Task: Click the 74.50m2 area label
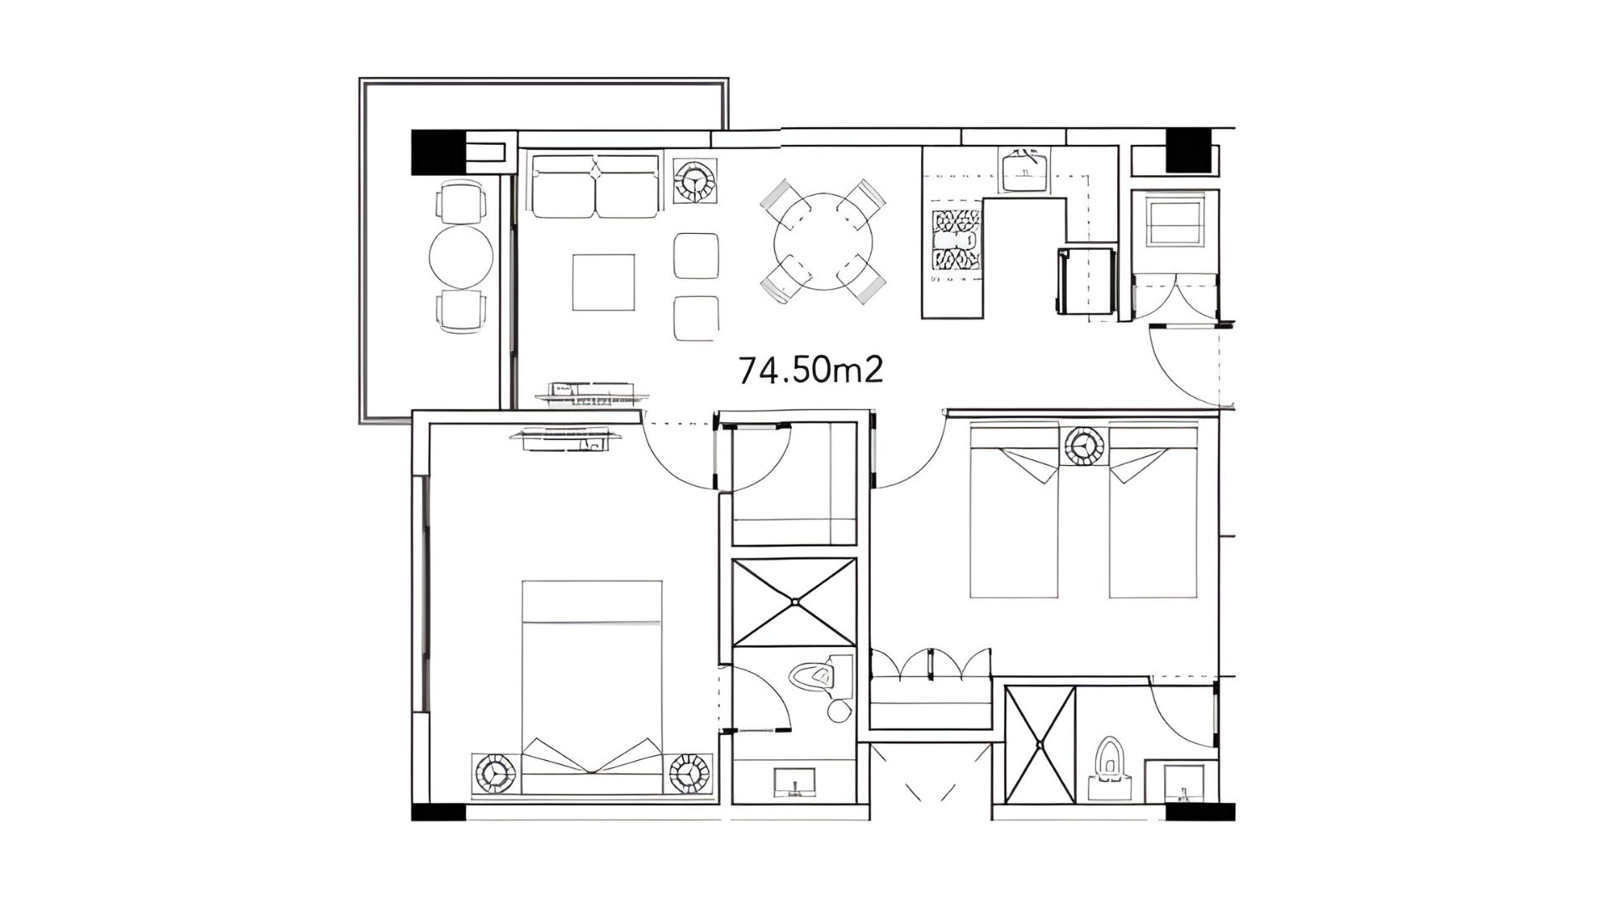point(810,370)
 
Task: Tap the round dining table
point(823,240)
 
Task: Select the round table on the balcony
point(461,257)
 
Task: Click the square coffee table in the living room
point(604,282)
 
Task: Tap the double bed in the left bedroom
point(592,687)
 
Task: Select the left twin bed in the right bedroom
point(1014,511)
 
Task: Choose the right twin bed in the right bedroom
point(1153,511)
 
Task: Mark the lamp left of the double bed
point(495,773)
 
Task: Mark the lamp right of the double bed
point(691,773)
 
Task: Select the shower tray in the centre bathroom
point(794,602)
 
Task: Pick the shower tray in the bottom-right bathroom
point(1040,744)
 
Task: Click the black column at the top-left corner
point(437,153)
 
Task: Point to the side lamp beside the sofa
point(695,181)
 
